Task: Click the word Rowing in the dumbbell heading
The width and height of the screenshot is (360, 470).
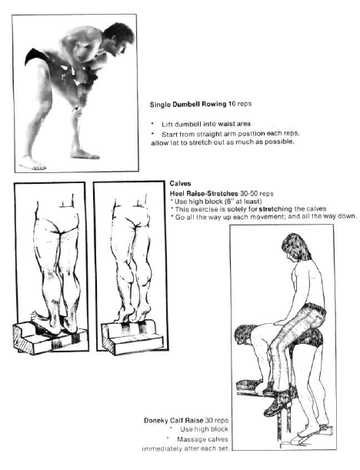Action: tap(214, 104)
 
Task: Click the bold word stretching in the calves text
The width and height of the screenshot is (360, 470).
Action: tap(275, 208)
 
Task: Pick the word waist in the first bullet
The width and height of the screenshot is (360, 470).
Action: tap(227, 124)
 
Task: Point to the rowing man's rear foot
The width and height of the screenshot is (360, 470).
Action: tap(33, 163)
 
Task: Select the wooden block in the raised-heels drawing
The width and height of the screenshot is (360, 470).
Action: tap(132, 337)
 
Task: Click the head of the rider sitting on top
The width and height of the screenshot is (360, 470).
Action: tap(295, 246)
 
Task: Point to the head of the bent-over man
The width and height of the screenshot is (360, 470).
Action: tap(245, 334)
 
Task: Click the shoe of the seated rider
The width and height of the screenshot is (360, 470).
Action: tap(277, 403)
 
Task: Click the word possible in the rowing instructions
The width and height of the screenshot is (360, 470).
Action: tap(282, 142)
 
